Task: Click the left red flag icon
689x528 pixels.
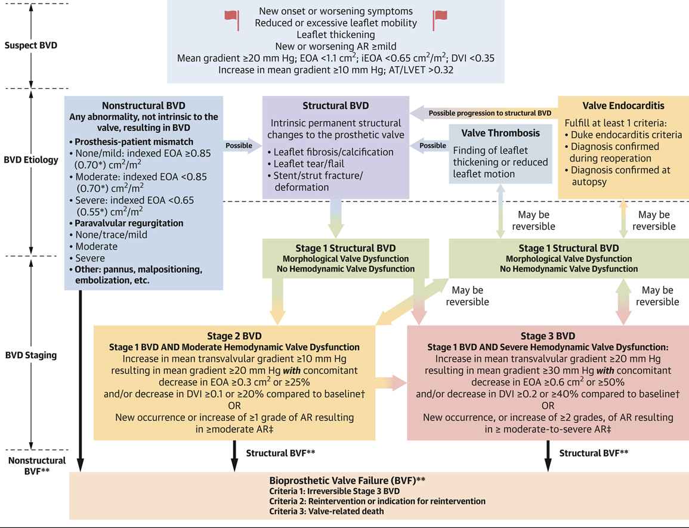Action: pyautogui.click(x=231, y=20)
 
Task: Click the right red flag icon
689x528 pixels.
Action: pyautogui.click(x=440, y=20)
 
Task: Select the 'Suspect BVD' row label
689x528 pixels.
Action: pyautogui.click(x=30, y=45)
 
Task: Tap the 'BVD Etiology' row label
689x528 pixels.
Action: pyautogui.click(x=30, y=160)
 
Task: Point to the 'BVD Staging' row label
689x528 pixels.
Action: pyautogui.click(x=30, y=355)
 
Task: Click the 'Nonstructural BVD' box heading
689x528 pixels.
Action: pyautogui.click(x=143, y=105)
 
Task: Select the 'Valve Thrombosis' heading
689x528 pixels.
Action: pyautogui.click(x=500, y=133)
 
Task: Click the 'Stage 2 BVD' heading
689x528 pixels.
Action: pyautogui.click(x=234, y=336)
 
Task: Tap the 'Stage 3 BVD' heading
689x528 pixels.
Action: pyautogui.click(x=548, y=336)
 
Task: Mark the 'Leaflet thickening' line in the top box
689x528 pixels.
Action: pyautogui.click(x=335, y=35)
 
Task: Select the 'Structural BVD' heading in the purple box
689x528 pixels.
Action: pyautogui.click(x=336, y=106)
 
